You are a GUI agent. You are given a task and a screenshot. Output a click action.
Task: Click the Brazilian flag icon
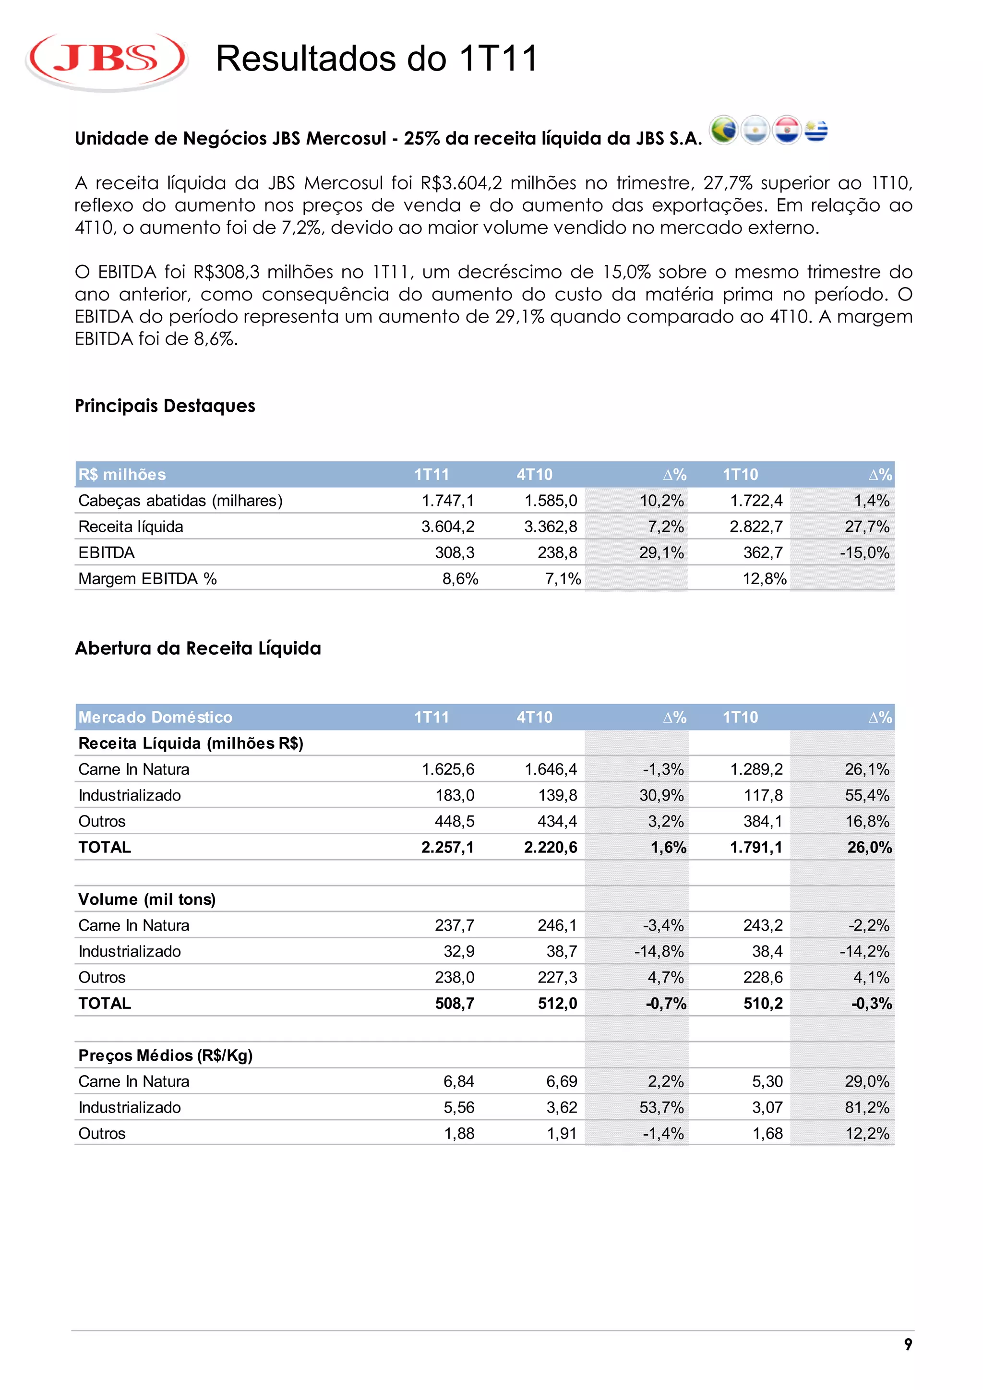pos(723,130)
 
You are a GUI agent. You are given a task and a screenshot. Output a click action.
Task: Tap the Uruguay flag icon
pos(816,130)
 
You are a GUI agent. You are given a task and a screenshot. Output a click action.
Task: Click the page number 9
pos(908,1344)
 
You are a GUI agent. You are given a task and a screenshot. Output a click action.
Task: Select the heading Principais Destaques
pos(165,406)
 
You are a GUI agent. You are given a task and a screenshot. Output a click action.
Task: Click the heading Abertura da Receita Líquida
pos(198,648)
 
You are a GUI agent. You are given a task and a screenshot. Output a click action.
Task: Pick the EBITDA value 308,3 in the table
pos(455,553)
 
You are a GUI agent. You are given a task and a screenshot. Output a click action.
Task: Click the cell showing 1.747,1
pos(448,501)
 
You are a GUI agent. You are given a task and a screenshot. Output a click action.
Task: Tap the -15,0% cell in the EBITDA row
pos(864,553)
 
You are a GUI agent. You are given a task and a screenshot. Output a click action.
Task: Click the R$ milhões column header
pos(121,475)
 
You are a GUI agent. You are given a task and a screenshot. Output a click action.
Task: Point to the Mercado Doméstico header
pos(155,718)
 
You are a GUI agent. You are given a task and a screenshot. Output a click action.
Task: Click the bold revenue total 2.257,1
pos(447,848)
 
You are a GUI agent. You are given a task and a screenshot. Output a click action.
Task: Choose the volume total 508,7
pos(455,1004)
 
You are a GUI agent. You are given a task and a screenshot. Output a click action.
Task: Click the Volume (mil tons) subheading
pos(146,899)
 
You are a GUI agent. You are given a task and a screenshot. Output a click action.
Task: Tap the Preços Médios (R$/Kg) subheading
pos(165,1056)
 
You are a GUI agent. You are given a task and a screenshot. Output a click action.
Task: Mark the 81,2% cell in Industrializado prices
pos(867,1108)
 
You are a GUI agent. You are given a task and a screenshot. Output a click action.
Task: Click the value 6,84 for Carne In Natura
pos(459,1082)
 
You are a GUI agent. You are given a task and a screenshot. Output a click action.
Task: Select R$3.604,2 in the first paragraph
pos(461,183)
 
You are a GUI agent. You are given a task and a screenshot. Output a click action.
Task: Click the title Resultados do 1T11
pos(376,59)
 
